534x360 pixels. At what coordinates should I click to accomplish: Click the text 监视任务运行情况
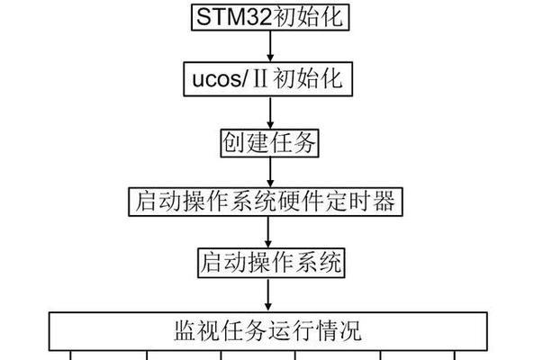pos(267,330)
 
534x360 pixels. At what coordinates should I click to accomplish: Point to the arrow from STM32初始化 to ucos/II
pos(270,46)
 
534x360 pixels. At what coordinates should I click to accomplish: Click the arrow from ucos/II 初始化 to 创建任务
pos(270,112)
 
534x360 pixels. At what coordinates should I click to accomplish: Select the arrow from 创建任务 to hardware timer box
pos(270,173)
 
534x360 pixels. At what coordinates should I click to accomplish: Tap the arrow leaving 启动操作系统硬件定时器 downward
pos(268,232)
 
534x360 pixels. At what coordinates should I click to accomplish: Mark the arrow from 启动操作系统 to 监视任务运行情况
pos(268,294)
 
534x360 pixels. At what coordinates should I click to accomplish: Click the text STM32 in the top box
pos(234,17)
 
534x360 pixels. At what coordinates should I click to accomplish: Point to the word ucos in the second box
pos(217,80)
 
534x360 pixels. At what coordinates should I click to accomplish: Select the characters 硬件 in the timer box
pos(301,202)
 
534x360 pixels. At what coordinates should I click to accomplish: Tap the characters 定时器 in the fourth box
pos(360,202)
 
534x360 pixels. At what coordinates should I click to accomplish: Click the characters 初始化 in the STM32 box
pos(308,17)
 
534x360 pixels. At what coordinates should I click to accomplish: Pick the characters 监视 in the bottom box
pos(197,330)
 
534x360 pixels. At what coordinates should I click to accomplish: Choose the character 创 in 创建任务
pos(233,143)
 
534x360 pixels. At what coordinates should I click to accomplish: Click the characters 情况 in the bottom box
pos(339,330)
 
